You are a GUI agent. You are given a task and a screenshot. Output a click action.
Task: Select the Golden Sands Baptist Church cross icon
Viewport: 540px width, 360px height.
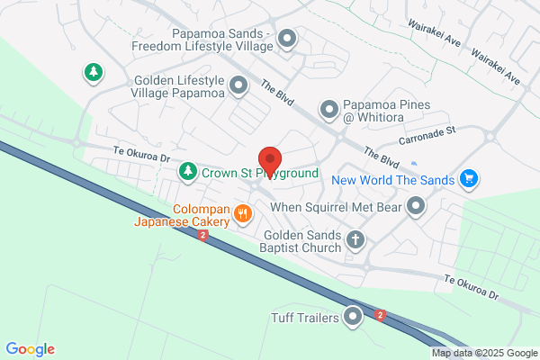coord(356,239)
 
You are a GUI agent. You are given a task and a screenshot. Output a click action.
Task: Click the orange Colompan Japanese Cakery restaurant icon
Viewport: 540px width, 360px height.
coord(242,213)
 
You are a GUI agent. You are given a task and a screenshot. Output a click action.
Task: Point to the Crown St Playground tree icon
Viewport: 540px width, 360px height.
coord(188,171)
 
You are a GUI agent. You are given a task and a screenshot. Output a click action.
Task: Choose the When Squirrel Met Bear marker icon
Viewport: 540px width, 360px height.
coord(415,208)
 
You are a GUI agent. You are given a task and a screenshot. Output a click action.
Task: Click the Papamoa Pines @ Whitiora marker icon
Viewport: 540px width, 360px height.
coord(329,110)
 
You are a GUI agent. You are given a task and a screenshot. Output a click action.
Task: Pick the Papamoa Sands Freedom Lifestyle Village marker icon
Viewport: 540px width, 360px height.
coord(287,39)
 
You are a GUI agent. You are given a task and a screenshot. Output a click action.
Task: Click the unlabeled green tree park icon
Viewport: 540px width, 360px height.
coord(92,71)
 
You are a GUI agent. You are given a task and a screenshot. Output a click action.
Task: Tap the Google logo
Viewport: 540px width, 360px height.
coord(30,349)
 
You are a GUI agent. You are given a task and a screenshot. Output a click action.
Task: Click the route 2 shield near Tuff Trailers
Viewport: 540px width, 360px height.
coord(382,316)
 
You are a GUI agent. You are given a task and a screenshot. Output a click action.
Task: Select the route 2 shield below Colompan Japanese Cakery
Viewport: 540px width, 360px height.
coord(203,236)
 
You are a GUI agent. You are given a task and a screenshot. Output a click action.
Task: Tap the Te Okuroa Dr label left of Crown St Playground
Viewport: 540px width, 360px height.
coord(142,155)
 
